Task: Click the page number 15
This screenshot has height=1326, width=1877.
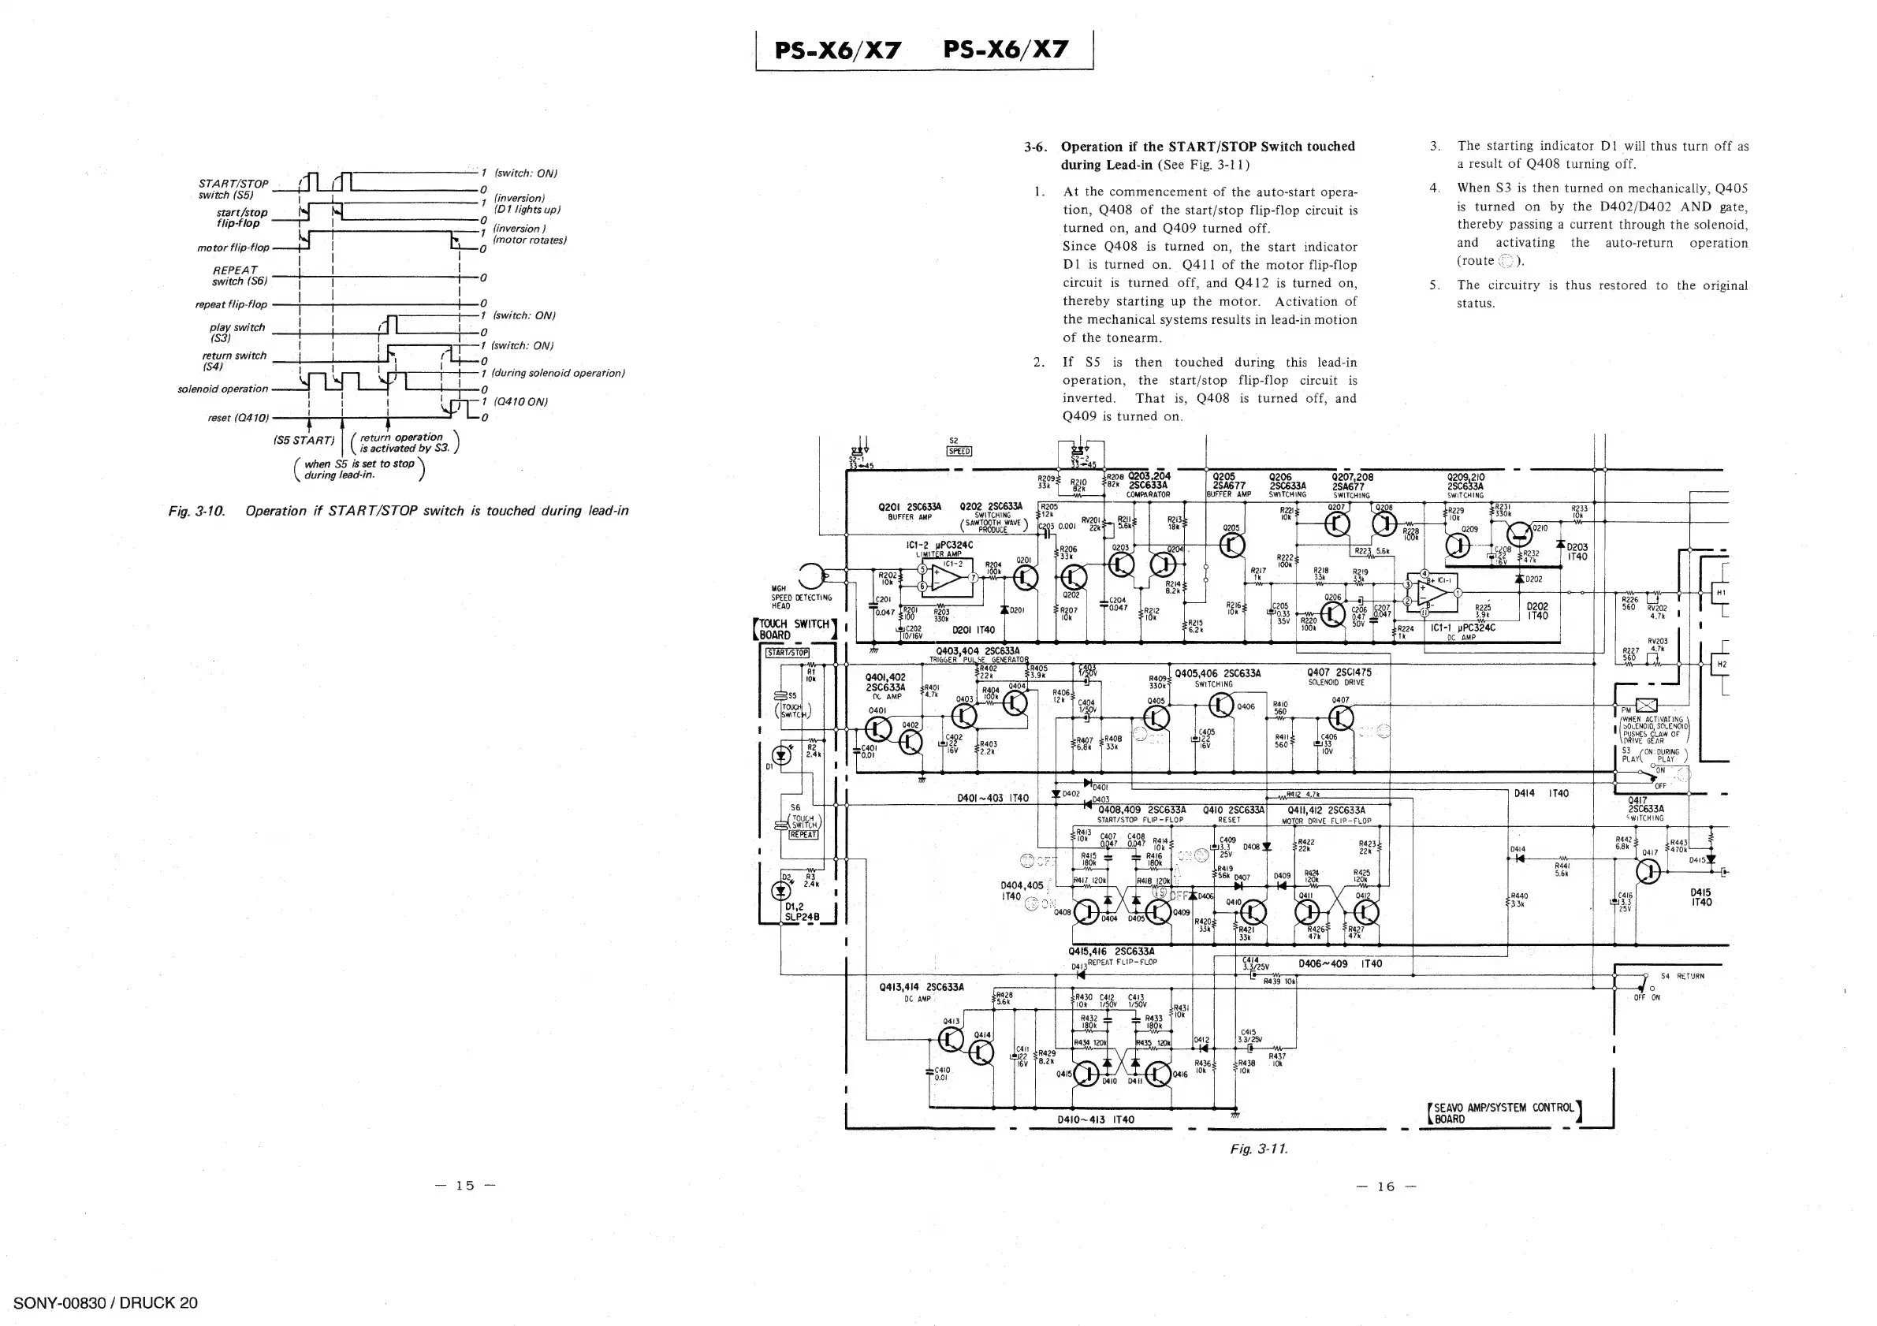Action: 465,1186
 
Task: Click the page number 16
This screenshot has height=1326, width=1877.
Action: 1386,1187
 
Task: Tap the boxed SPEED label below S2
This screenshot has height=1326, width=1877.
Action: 958,451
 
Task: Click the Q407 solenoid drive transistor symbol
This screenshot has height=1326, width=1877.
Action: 1342,717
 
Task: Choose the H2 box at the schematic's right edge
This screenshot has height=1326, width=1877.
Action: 1721,665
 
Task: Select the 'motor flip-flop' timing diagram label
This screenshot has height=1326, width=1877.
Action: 233,248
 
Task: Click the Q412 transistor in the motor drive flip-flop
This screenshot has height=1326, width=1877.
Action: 1366,912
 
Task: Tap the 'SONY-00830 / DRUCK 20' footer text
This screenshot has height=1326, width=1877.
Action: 106,1303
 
